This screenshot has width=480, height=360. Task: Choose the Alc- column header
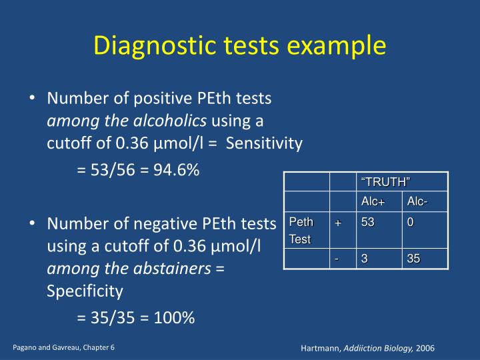coord(417,202)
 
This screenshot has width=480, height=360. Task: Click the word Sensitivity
coord(265,143)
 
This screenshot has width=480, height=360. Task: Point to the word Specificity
coord(85,291)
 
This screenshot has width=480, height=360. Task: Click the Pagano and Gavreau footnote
coord(63,348)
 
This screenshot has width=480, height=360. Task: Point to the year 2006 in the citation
coord(425,349)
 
